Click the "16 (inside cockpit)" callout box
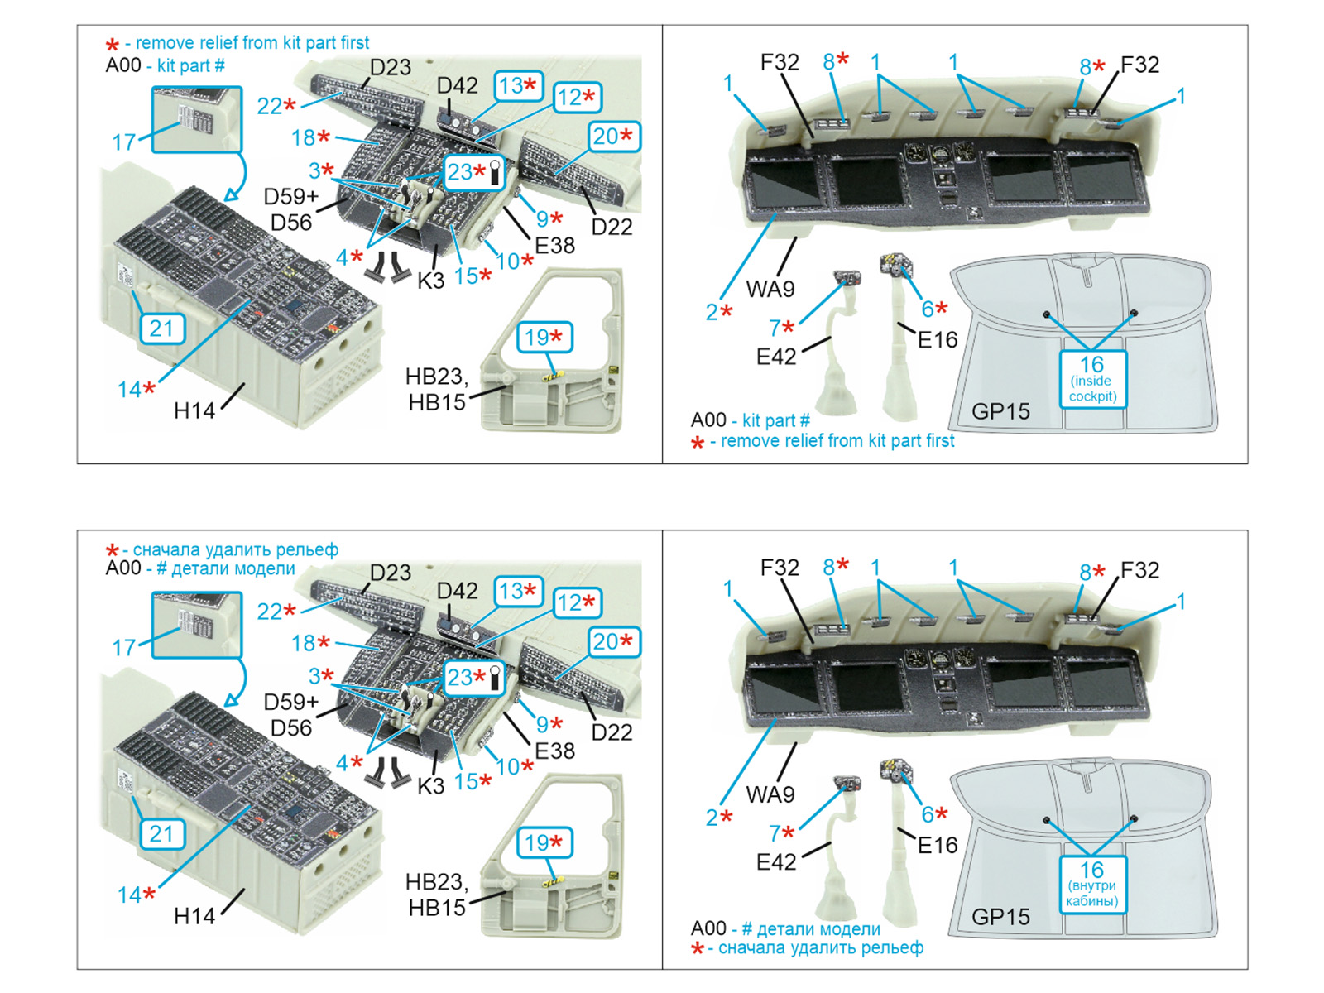click(x=1091, y=379)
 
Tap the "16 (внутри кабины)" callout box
click(x=1091, y=885)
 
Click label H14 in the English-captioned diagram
click(x=194, y=410)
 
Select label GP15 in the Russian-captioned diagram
click(x=1000, y=917)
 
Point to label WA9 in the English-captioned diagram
click(x=770, y=289)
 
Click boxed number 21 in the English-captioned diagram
click(x=162, y=329)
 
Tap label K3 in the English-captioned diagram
click(x=430, y=281)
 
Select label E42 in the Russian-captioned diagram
click(x=776, y=862)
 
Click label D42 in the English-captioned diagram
click(x=458, y=85)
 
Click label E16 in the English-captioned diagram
click(x=938, y=339)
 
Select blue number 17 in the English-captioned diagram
click(x=123, y=142)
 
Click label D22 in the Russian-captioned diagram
click(x=612, y=732)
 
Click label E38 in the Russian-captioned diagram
click(x=554, y=751)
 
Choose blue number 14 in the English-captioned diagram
click(x=130, y=389)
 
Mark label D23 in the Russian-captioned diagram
click(x=391, y=573)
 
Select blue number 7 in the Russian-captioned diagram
click(x=775, y=833)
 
